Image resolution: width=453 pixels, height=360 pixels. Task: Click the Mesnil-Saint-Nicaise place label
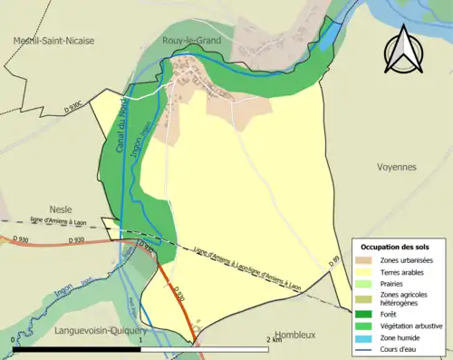[53, 40]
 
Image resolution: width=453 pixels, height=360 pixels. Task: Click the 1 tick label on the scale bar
[141, 339]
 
